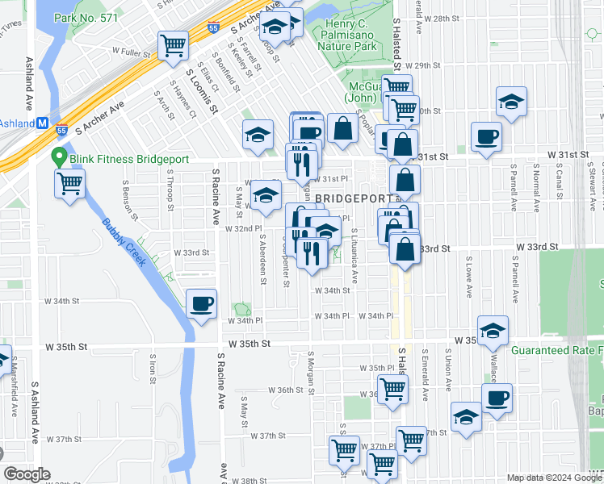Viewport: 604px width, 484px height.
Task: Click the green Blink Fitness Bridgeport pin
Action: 58,157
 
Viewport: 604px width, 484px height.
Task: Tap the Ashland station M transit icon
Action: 43,123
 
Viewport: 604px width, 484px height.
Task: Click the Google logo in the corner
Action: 27,474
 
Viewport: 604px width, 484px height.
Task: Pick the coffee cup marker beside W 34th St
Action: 201,304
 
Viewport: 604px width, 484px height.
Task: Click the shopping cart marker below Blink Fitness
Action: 70,183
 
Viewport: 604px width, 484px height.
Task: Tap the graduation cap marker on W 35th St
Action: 493,331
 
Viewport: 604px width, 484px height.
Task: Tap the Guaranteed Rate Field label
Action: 557,351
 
